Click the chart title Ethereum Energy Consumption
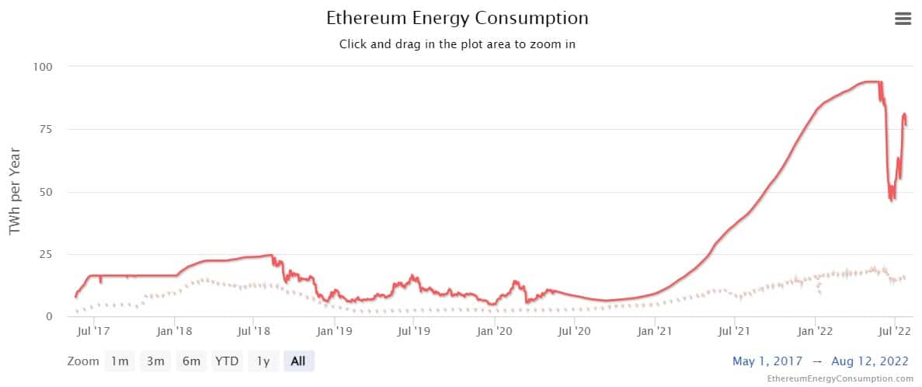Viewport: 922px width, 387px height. pos(457,18)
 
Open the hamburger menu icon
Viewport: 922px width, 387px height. pos(903,19)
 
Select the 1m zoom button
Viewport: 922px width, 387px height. pos(120,361)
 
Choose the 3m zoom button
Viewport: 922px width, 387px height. pos(155,361)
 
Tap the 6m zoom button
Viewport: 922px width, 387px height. pos(191,361)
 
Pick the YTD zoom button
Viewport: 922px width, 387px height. pos(228,361)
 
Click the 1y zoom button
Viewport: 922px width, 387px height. pos(263,361)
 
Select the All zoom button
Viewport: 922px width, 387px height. pos(298,361)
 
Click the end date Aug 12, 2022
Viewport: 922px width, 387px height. pos(871,361)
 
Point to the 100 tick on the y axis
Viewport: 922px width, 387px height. pos(42,67)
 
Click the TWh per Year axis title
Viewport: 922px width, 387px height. pos(15,192)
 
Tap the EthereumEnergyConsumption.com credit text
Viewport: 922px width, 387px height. pos(840,378)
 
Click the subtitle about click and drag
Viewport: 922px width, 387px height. pos(457,44)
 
